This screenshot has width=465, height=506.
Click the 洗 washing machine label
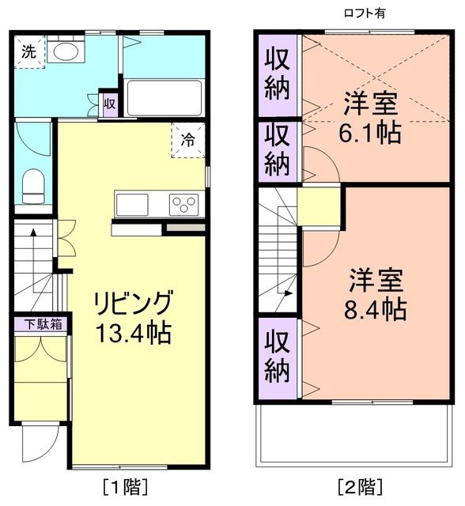tap(28, 52)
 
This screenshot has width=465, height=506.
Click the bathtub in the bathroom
tap(163, 97)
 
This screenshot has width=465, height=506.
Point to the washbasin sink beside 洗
tap(65, 52)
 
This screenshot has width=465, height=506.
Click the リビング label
tap(132, 304)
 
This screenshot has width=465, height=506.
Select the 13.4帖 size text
tap(132, 332)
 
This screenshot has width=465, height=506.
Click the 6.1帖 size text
tap(370, 131)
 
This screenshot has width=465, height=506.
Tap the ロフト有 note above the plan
tap(366, 12)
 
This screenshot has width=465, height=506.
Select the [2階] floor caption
tap(360, 485)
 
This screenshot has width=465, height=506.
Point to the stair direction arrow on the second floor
tap(289, 292)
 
